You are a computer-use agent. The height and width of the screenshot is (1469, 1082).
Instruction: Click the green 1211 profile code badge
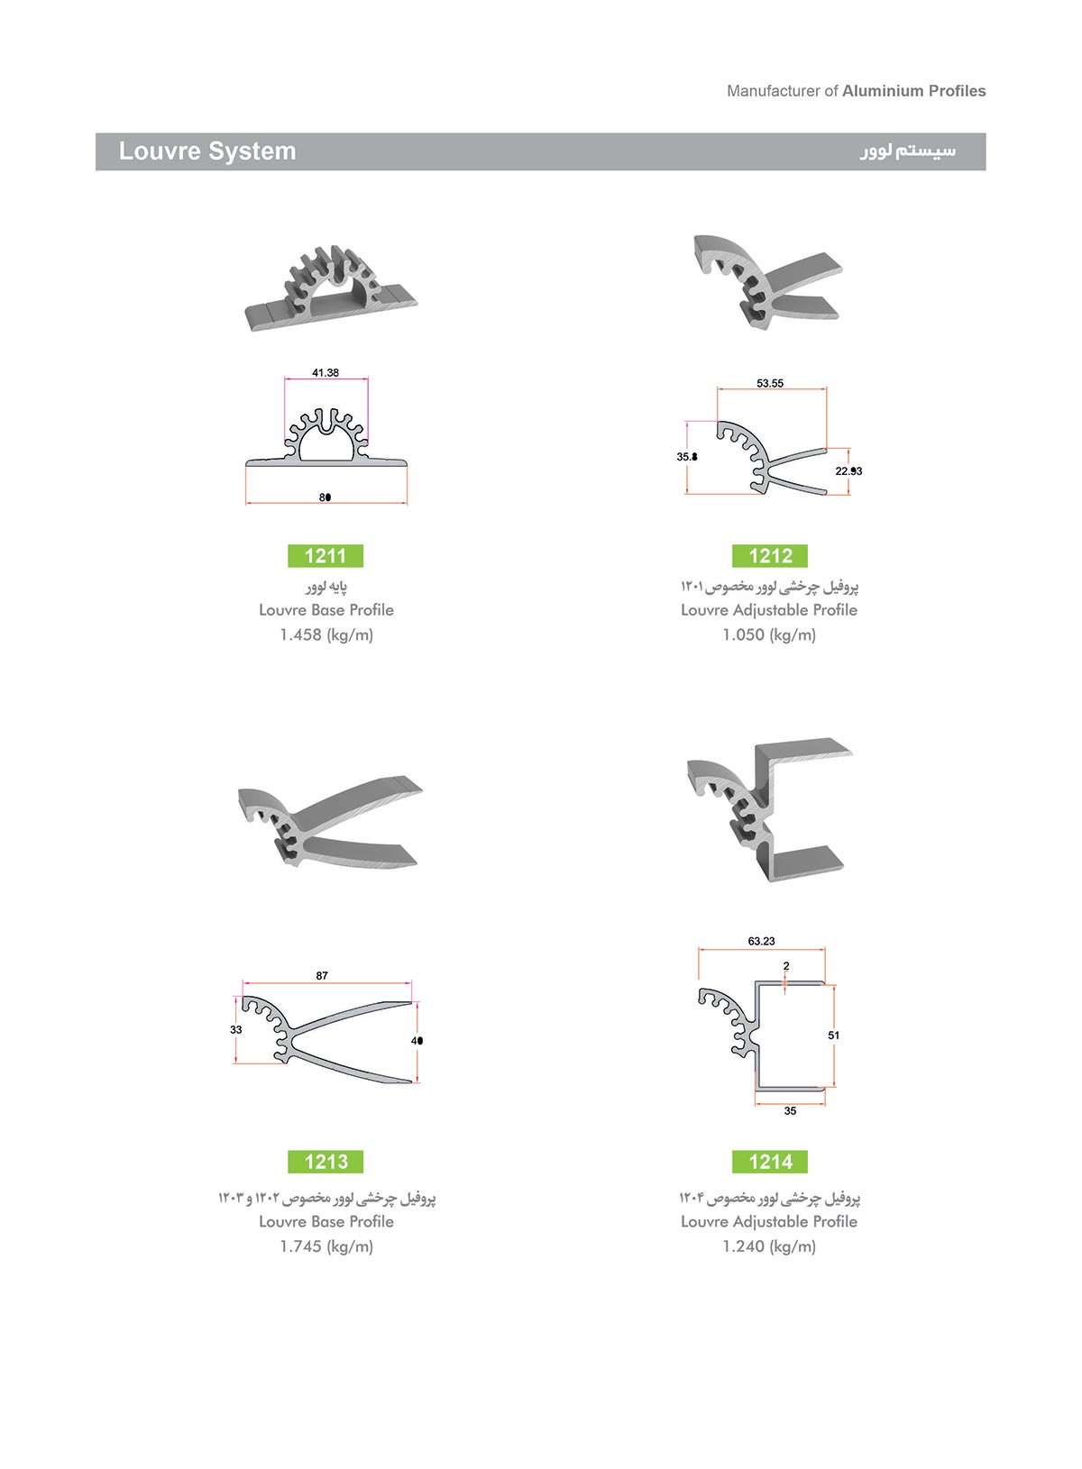pos(326,555)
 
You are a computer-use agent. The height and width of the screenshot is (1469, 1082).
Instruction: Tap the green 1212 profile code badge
pos(770,555)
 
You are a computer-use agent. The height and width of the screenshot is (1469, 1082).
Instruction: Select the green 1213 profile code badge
pos(326,1162)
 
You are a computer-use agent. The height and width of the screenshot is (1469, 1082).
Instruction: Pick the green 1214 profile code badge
pos(770,1162)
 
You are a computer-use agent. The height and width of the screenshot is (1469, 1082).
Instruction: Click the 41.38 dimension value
pos(326,372)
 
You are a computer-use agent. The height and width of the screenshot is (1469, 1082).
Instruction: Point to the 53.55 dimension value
pos(770,383)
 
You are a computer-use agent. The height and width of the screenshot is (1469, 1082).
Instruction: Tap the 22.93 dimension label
pos(848,470)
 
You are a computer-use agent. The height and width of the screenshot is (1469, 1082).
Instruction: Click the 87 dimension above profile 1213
pos(322,976)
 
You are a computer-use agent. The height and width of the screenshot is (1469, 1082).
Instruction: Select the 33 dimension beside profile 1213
pos(235,1029)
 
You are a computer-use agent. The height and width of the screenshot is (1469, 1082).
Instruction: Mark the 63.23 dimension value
pos(761,941)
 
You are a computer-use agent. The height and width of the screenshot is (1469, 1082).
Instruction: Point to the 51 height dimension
pos(833,1035)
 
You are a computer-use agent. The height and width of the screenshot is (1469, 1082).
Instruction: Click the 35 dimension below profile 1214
pos(790,1111)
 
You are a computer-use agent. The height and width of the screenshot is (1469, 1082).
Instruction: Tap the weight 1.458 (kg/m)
pos(326,634)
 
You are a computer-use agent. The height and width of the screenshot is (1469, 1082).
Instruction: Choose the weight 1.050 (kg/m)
pos(769,634)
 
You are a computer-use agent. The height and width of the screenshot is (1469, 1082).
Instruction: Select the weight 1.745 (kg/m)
pos(326,1246)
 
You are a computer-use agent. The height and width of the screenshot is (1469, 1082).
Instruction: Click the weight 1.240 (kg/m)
pos(769,1246)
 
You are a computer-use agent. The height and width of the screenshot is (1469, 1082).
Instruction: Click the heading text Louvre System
pos(207,151)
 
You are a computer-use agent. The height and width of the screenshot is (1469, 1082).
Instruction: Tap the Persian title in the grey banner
pos(908,151)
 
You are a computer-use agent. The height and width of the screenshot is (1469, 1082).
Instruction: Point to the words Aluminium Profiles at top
pos(914,91)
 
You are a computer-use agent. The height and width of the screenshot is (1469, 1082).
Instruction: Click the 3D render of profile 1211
pos(331,288)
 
